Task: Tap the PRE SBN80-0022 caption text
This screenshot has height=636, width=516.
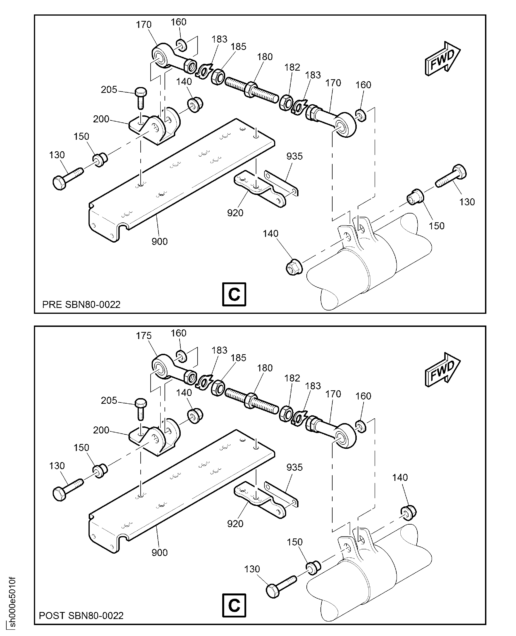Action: pos(81,304)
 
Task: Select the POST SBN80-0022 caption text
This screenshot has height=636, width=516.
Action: pos(81,616)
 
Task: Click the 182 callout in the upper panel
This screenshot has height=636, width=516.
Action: pos(292,67)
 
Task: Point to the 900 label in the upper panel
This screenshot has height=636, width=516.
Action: pos(160,241)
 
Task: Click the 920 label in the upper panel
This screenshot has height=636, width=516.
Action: pos(235,213)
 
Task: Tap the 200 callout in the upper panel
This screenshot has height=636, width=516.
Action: pos(101,119)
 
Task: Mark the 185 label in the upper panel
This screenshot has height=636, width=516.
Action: pos(238,47)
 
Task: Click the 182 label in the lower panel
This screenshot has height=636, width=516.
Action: pos(292,378)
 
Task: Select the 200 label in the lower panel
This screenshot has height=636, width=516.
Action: pos(101,430)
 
